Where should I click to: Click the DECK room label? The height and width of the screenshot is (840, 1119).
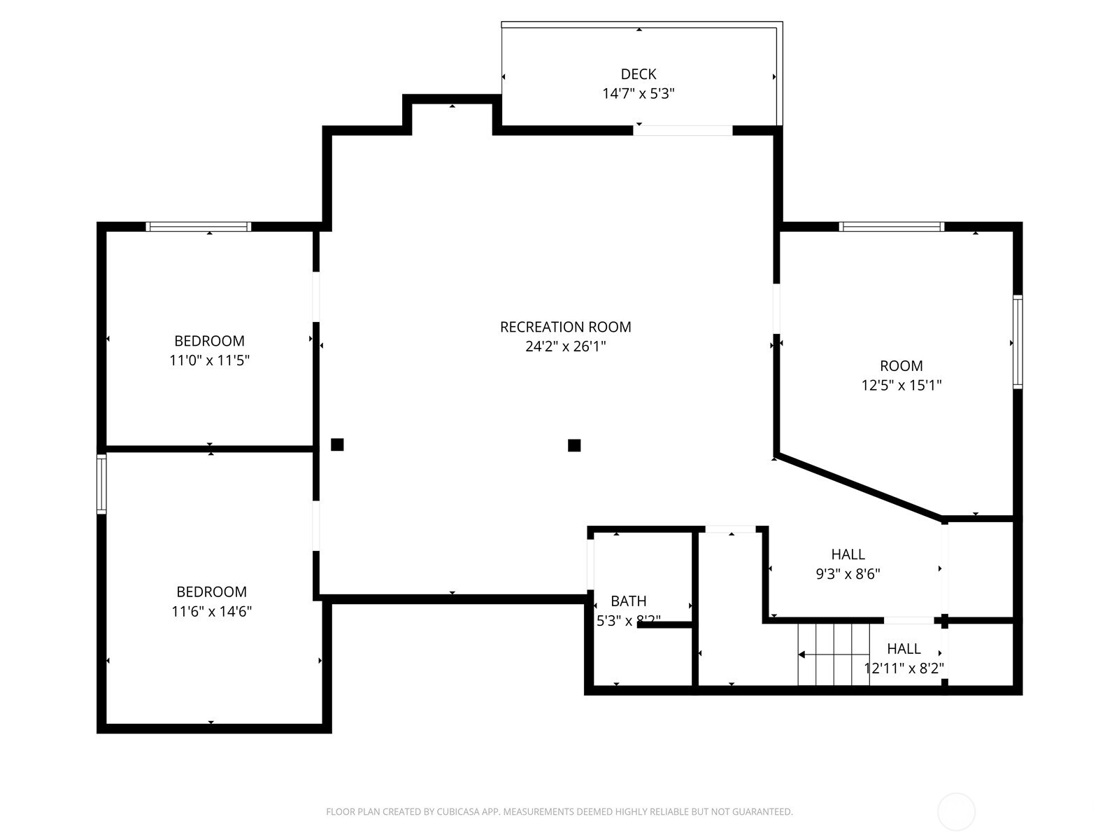pyautogui.click(x=638, y=74)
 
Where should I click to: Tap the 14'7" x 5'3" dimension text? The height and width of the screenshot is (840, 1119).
pyautogui.click(x=638, y=93)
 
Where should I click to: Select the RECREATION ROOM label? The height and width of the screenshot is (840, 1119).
pyautogui.click(x=565, y=327)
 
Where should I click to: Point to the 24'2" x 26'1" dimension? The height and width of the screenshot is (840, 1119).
pyautogui.click(x=565, y=346)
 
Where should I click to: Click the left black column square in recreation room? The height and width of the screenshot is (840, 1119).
pyautogui.click(x=337, y=444)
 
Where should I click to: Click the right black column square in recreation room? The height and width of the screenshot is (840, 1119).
pyautogui.click(x=574, y=445)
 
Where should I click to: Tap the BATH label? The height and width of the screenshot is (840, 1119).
pyautogui.click(x=628, y=601)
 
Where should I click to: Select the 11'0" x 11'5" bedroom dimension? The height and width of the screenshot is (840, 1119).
pyautogui.click(x=209, y=360)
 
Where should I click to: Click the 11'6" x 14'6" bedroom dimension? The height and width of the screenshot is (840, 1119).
pyautogui.click(x=211, y=611)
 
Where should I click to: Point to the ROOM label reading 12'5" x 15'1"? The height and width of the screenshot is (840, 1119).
pyautogui.click(x=901, y=365)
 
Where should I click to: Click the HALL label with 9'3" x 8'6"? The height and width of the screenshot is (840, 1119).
pyautogui.click(x=848, y=554)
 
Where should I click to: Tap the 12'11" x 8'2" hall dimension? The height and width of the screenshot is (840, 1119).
pyautogui.click(x=904, y=668)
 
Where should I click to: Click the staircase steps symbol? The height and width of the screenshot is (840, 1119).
pyautogui.click(x=834, y=654)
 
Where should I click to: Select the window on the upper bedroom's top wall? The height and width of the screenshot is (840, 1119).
pyautogui.click(x=199, y=226)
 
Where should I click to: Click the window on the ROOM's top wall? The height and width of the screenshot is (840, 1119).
pyautogui.click(x=891, y=226)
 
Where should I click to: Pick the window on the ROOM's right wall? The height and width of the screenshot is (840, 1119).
pyautogui.click(x=1018, y=342)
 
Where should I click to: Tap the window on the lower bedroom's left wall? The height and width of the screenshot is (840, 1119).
pyautogui.click(x=101, y=484)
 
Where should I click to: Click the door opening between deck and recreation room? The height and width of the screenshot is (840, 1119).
pyautogui.click(x=683, y=130)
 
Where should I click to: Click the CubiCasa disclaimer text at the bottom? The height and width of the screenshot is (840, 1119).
pyautogui.click(x=559, y=812)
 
